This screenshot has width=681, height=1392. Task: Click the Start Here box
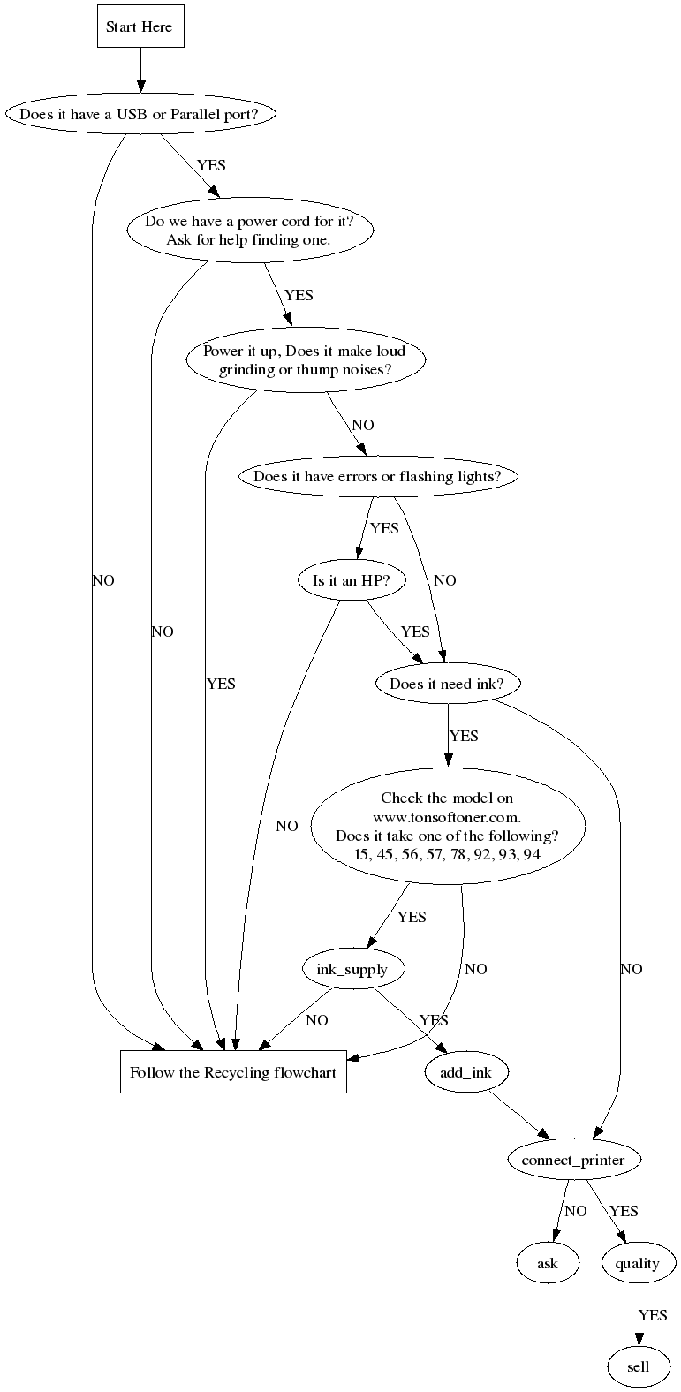coord(140,27)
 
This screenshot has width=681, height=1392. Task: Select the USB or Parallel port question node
coord(140,114)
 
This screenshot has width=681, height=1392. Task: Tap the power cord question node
coord(249,231)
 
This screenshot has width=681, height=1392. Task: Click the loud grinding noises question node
coord(305,360)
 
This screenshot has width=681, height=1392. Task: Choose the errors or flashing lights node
coord(377,476)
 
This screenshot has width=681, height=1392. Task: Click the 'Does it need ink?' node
coord(448,684)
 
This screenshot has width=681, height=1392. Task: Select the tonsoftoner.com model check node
coord(447,826)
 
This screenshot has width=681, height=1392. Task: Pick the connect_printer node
coord(572,1159)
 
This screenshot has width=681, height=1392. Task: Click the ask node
coord(548,1263)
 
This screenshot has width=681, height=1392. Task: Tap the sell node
coord(638,1366)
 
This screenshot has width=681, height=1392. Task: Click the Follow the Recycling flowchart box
coord(233,1073)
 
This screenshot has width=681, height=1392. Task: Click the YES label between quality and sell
coord(653,1315)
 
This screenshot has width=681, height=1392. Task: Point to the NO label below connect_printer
coord(575,1211)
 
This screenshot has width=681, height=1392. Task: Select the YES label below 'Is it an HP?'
coord(415,632)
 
